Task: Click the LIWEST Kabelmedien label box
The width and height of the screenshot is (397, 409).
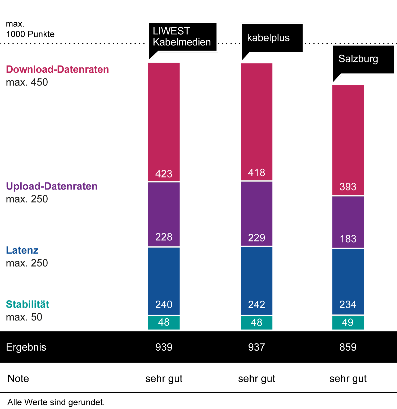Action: pyautogui.click(x=183, y=37)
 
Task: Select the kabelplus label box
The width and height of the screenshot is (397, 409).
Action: pyautogui.click(x=272, y=38)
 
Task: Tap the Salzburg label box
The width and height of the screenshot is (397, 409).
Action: pyautogui.click(x=363, y=59)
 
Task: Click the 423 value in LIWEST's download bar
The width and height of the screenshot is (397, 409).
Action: pyautogui.click(x=164, y=174)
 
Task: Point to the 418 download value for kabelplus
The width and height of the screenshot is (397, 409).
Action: pyautogui.click(x=256, y=173)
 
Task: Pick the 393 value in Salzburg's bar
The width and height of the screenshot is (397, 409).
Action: pyautogui.click(x=348, y=187)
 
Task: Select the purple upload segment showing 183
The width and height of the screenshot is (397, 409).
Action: pyautogui.click(x=348, y=222)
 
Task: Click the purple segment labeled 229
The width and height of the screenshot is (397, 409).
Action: pyautogui.click(x=256, y=213)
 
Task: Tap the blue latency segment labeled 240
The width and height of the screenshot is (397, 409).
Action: pyautogui.click(x=164, y=281)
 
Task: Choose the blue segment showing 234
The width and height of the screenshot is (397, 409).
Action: pyautogui.click(x=348, y=281)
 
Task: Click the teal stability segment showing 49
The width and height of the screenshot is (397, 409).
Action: pyautogui.click(x=348, y=323)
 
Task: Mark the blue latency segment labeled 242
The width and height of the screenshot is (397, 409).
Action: pyautogui.click(x=256, y=281)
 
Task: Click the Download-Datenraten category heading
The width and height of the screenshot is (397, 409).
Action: pyautogui.click(x=57, y=69)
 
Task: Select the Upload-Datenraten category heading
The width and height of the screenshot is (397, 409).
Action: pyautogui.click(x=52, y=186)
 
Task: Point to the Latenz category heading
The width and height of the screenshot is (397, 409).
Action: pyautogui.click(x=22, y=250)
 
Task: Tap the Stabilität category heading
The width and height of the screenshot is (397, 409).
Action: pyautogui.click(x=28, y=304)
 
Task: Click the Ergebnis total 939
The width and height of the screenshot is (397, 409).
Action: pyautogui.click(x=164, y=347)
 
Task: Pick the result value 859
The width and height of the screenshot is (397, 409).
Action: pyautogui.click(x=348, y=347)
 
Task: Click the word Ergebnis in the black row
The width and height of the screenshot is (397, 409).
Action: pyautogui.click(x=26, y=347)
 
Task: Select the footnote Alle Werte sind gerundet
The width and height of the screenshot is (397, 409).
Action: pyautogui.click(x=56, y=402)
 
